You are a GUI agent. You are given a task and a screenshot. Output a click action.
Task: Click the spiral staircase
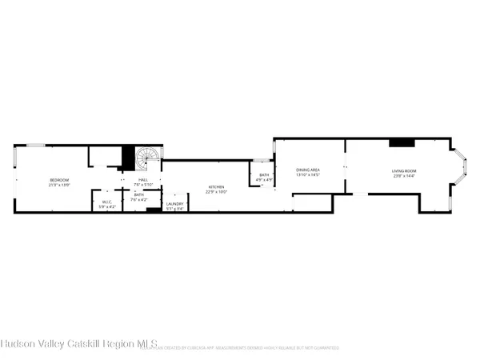click(146, 159)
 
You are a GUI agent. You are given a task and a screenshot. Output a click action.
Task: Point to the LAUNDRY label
click(174, 204)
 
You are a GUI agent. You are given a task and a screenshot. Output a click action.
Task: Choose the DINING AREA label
click(308, 170)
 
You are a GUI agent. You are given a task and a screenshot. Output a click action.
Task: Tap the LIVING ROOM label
click(402, 170)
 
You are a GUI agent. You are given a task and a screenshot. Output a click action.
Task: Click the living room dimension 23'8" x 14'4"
click(402, 175)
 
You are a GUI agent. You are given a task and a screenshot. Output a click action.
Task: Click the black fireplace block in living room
click(402, 143)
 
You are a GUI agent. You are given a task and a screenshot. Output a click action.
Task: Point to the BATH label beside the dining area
click(264, 175)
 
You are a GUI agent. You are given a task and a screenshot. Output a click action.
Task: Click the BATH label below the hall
click(139, 195)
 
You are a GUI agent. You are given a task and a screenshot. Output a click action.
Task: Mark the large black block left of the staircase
click(125, 158)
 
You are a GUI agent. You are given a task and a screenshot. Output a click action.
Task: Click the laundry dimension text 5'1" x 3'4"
click(174, 209)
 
